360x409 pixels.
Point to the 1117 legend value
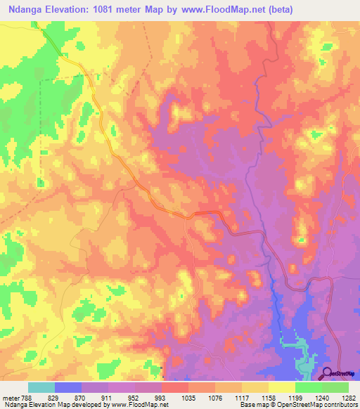point(255,398)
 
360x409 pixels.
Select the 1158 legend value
point(282,398)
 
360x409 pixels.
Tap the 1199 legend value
point(309,398)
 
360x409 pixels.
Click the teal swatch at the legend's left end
point(41,387)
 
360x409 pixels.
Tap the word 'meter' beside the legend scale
point(10,398)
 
